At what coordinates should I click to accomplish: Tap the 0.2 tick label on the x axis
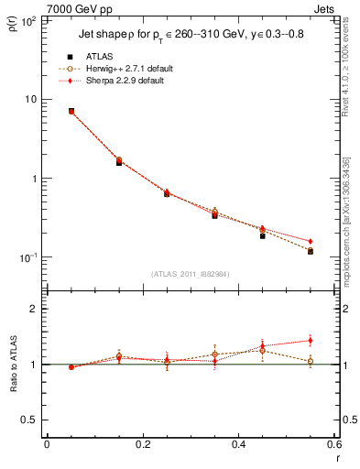[x=142, y=445]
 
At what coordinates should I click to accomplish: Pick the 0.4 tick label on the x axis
[x=238, y=445]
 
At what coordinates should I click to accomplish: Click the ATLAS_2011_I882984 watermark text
[x=191, y=274]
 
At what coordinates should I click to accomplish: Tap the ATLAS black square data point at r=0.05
[x=71, y=111]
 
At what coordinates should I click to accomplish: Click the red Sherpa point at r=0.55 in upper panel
[x=311, y=241]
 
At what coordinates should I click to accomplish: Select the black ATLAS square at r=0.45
[x=262, y=235]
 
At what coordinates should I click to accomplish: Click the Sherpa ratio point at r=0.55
[x=311, y=341]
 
